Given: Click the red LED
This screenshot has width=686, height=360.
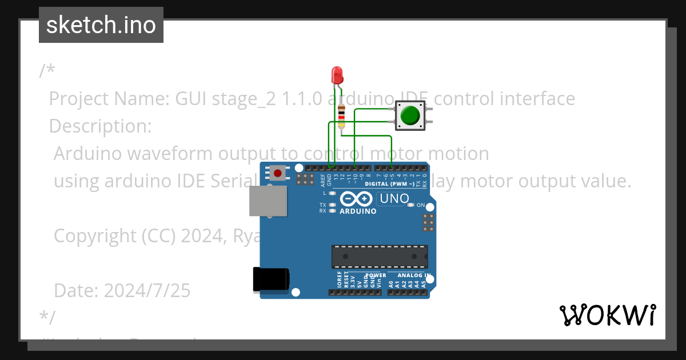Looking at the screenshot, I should point(337,74).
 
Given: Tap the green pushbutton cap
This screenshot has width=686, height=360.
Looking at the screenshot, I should point(410,115).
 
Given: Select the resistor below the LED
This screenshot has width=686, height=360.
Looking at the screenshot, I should point(341,116).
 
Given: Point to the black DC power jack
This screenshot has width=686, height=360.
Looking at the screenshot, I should point(270,280).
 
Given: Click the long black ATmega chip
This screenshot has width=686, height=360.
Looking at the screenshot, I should point(380,257).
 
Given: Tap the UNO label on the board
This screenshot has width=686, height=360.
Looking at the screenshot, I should point(394,199).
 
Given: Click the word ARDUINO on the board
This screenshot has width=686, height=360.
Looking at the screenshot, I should point(358,211).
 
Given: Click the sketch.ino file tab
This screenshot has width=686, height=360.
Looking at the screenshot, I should point(101,25).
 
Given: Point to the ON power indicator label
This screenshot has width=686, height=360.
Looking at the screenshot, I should point(421,205).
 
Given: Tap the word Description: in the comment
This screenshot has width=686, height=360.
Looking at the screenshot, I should point(101,126).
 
